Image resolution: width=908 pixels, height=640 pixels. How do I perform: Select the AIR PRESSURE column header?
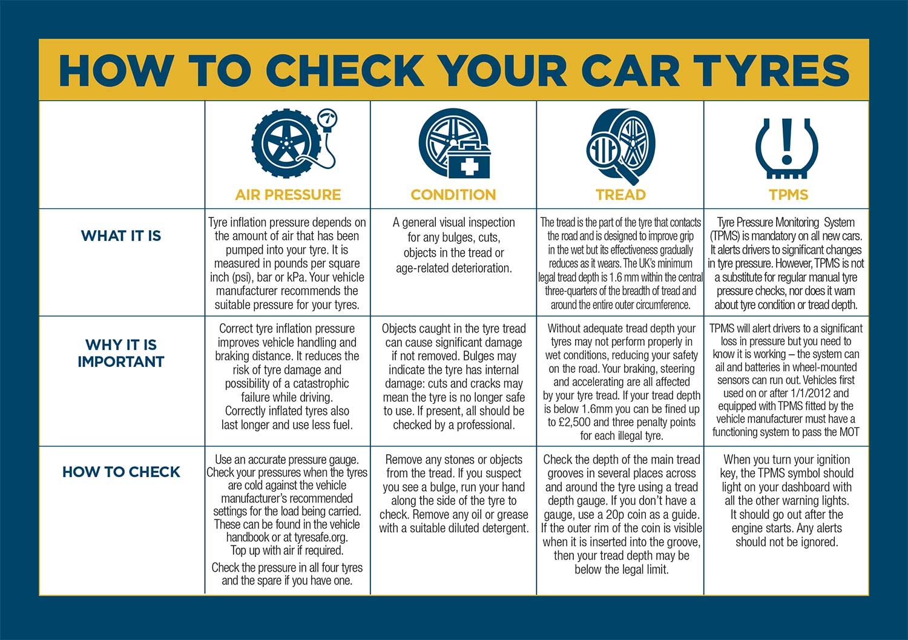(x=288, y=195)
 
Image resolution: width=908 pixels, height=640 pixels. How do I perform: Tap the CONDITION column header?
(x=453, y=195)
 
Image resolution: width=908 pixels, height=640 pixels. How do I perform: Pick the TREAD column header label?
(x=620, y=195)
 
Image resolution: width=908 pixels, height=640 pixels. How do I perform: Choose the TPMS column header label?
(x=788, y=195)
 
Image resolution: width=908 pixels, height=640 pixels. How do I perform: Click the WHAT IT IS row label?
(x=121, y=236)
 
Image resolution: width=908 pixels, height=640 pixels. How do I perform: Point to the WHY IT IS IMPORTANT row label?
(x=121, y=353)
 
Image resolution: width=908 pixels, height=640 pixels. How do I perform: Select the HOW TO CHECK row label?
(x=121, y=472)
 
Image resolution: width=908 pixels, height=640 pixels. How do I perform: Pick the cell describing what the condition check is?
(x=453, y=245)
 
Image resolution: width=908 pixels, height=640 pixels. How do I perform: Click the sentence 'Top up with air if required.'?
(x=287, y=550)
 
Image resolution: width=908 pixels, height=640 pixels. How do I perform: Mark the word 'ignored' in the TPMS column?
(x=818, y=543)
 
